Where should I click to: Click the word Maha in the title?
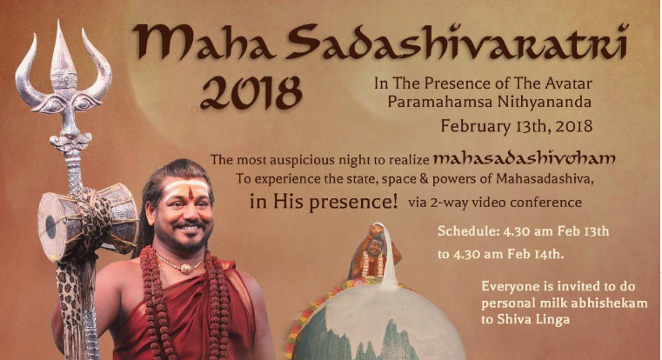pos(204,42)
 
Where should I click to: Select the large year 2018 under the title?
pos(251,93)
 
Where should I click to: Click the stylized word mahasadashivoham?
pos(524,158)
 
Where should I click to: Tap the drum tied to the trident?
pos(87,220)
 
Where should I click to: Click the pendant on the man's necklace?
pos(184,268)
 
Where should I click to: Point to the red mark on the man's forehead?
pos(191,193)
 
